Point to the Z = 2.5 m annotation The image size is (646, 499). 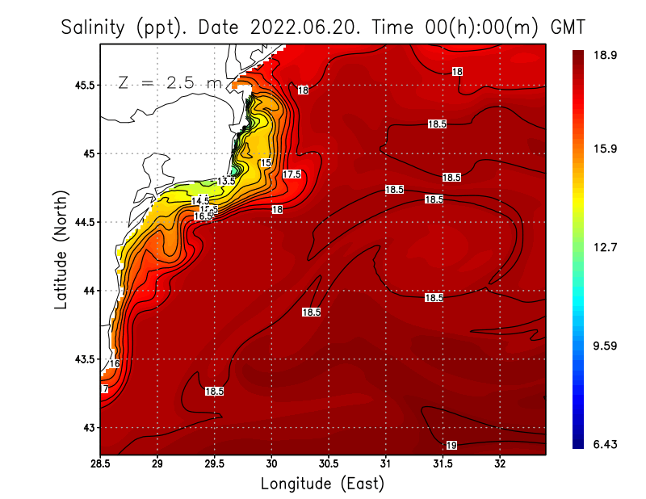click(x=170, y=82)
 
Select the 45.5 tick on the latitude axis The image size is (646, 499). click(x=82, y=85)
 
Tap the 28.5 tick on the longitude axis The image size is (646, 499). click(x=100, y=464)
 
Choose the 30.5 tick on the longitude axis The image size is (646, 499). click(x=329, y=464)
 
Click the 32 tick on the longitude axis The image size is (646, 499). click(x=500, y=464)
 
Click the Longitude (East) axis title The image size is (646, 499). click(x=322, y=483)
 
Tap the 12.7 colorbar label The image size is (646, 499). click(x=606, y=247)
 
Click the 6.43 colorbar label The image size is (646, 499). click(x=606, y=445)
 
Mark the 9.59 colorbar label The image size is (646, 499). click(x=606, y=346)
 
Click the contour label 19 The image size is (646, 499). click(x=451, y=446)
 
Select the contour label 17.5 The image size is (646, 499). click(x=292, y=174)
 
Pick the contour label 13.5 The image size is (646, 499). click(x=227, y=181)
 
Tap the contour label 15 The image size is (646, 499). click(x=266, y=163)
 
